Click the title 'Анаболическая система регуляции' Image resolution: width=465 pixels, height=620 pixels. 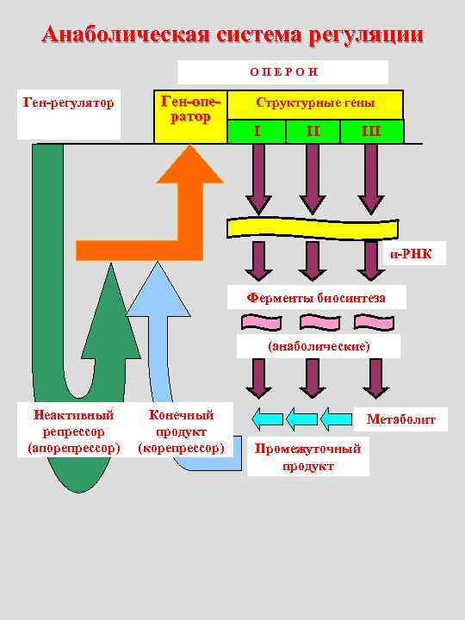point(232,34)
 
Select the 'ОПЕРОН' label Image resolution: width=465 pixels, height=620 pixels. point(282,72)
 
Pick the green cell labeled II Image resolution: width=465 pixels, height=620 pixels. point(313,131)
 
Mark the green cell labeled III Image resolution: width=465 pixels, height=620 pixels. point(371,131)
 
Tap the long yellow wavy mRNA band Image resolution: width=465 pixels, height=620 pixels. point(313,227)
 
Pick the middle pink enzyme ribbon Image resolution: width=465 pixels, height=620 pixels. point(313,322)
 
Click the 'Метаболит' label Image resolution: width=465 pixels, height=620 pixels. point(401,420)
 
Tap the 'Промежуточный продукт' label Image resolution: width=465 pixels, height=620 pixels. point(307,457)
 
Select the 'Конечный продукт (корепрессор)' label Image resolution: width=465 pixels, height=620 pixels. point(182,431)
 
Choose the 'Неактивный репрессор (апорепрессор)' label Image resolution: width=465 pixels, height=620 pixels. point(73,431)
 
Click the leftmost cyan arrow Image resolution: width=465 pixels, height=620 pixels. point(267,419)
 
